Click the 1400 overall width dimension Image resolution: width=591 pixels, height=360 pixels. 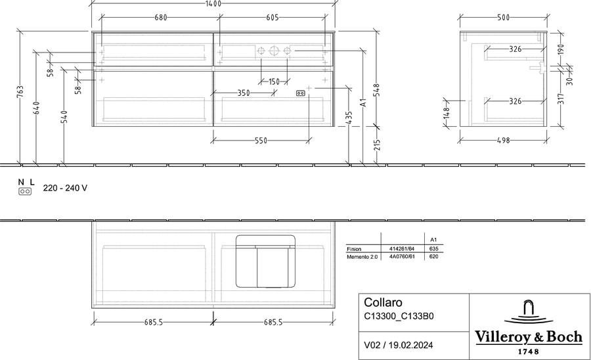pyautogui.click(x=213, y=4)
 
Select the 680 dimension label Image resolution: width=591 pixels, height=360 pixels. pyautogui.click(x=161, y=17)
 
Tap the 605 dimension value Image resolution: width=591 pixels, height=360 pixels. pyautogui.click(x=272, y=17)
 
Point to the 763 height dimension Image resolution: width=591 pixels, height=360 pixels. pyautogui.click(x=20, y=92)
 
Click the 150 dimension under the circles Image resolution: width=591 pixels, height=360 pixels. pyautogui.click(x=274, y=81)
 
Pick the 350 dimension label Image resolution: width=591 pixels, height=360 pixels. pyautogui.click(x=244, y=93)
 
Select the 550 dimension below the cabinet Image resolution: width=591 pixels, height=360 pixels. pyautogui.click(x=261, y=141)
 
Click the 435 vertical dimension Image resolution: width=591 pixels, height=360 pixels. pyautogui.click(x=349, y=117)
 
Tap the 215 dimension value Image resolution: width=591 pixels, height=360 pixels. pyautogui.click(x=378, y=145)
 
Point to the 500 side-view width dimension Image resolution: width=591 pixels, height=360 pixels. pyautogui.click(x=503, y=17)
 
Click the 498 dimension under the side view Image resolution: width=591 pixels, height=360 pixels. pyautogui.click(x=503, y=141)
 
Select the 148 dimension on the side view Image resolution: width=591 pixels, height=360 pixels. pyautogui.click(x=447, y=113)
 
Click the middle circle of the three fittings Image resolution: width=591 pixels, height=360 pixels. pyautogui.click(x=274, y=51)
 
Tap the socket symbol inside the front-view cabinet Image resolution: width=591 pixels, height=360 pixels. pyautogui.click(x=301, y=93)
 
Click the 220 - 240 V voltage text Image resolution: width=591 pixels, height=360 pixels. pyautogui.click(x=65, y=188)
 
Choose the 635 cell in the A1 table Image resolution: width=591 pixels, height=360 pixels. pyautogui.click(x=433, y=249)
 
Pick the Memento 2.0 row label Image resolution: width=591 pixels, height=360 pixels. pyautogui.click(x=360, y=257)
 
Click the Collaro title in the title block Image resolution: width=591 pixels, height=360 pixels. pyautogui.click(x=383, y=302)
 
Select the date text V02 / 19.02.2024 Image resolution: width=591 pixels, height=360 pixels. pyautogui.click(x=399, y=345)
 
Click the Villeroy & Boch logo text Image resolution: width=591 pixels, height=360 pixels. pyautogui.click(x=529, y=336)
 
